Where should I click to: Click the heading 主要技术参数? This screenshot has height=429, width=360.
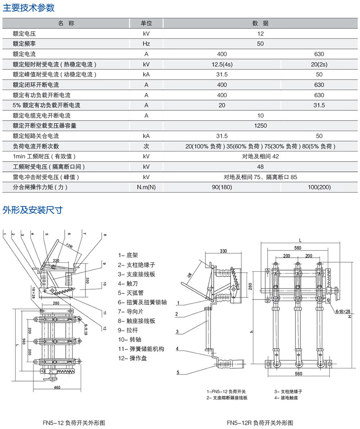(29, 8)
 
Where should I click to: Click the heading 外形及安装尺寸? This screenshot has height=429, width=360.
(33, 210)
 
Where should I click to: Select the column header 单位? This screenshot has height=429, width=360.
(146, 23)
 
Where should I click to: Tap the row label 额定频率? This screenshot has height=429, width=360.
(24, 44)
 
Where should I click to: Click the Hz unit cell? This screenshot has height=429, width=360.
(146, 44)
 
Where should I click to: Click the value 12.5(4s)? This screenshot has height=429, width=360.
(222, 65)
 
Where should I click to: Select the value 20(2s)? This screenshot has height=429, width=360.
(319, 65)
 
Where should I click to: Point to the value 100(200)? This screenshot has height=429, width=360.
(319, 187)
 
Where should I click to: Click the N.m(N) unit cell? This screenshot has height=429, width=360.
(146, 187)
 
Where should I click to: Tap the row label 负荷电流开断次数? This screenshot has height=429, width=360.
(36, 146)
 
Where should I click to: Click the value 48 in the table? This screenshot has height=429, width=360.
(261, 167)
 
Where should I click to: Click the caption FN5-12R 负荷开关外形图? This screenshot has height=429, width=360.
(260, 423)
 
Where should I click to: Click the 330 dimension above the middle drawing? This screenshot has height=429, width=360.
(223, 251)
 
